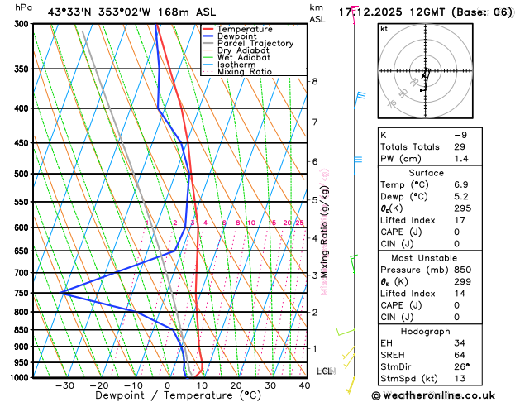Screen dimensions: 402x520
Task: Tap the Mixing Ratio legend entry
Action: point(245,71)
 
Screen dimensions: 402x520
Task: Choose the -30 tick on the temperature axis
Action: point(64,385)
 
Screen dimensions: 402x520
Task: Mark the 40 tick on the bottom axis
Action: point(305,385)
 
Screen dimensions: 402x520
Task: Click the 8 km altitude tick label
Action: point(315,81)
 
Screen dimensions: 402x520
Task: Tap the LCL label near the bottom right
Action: point(324,371)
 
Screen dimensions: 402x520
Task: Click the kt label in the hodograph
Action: point(384,28)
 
